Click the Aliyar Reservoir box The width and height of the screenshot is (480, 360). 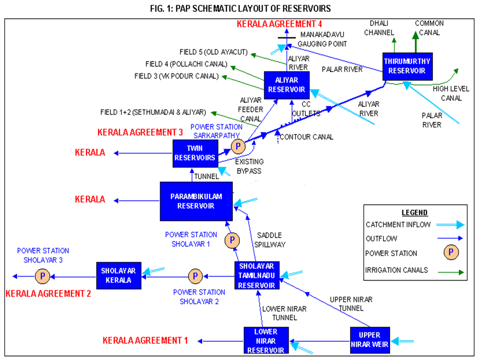pos(287,85)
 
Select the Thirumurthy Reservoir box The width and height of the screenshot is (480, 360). pos(407,66)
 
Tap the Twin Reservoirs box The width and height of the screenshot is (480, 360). pos(195,153)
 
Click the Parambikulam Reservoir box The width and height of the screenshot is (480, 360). pos(196,201)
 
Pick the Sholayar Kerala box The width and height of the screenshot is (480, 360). pos(119,276)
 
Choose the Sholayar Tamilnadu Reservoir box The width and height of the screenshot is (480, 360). pos(257,276)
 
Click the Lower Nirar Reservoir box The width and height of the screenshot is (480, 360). pos(266,341)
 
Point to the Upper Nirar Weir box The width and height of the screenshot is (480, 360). pos(370,340)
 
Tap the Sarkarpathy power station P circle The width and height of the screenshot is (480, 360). pos(238,147)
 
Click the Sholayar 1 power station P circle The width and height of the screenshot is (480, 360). pos(232,240)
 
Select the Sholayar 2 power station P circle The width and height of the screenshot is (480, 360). pos(195,276)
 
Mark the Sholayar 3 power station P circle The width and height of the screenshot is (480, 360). pos(43,276)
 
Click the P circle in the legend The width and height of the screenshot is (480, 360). pos(451,252)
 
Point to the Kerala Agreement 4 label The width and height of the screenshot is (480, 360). pos(279,24)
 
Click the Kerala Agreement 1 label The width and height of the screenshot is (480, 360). pos(145,341)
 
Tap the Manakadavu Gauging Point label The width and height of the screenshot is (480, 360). pos(322,39)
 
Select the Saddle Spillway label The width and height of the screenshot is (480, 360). pos(269,240)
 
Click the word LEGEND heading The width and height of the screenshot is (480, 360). pos(414,213)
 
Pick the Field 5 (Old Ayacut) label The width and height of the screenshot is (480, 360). pos(213,52)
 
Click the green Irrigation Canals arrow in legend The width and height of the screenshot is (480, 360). pos(451,272)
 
